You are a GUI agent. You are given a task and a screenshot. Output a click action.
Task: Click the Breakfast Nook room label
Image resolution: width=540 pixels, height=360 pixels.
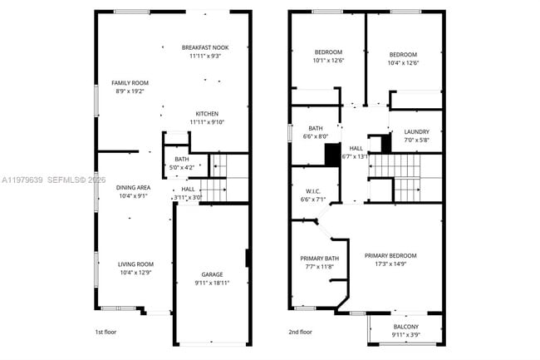point(205,47)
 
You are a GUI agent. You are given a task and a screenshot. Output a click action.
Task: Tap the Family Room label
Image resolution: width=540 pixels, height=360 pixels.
point(130,83)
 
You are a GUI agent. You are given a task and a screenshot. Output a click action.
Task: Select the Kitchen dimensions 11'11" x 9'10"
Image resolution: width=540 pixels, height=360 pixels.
point(206,122)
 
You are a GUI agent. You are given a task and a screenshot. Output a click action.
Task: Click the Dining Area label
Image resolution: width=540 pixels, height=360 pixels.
point(133,187)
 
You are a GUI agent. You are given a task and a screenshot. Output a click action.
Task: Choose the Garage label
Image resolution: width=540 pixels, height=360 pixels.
point(212,274)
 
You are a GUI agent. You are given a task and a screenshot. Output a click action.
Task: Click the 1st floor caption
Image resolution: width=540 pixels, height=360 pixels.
point(106,331)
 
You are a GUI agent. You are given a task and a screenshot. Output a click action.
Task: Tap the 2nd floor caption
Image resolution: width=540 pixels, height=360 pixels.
point(300,331)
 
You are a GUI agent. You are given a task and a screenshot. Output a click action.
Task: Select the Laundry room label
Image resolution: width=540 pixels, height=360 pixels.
point(416,132)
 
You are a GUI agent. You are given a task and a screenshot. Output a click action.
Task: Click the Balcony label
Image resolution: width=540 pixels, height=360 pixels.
point(405,327)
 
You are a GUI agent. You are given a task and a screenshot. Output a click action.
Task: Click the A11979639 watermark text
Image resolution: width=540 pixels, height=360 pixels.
point(22,180)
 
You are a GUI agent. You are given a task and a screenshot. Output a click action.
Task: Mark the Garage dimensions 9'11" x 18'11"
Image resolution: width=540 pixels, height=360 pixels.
point(212,283)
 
